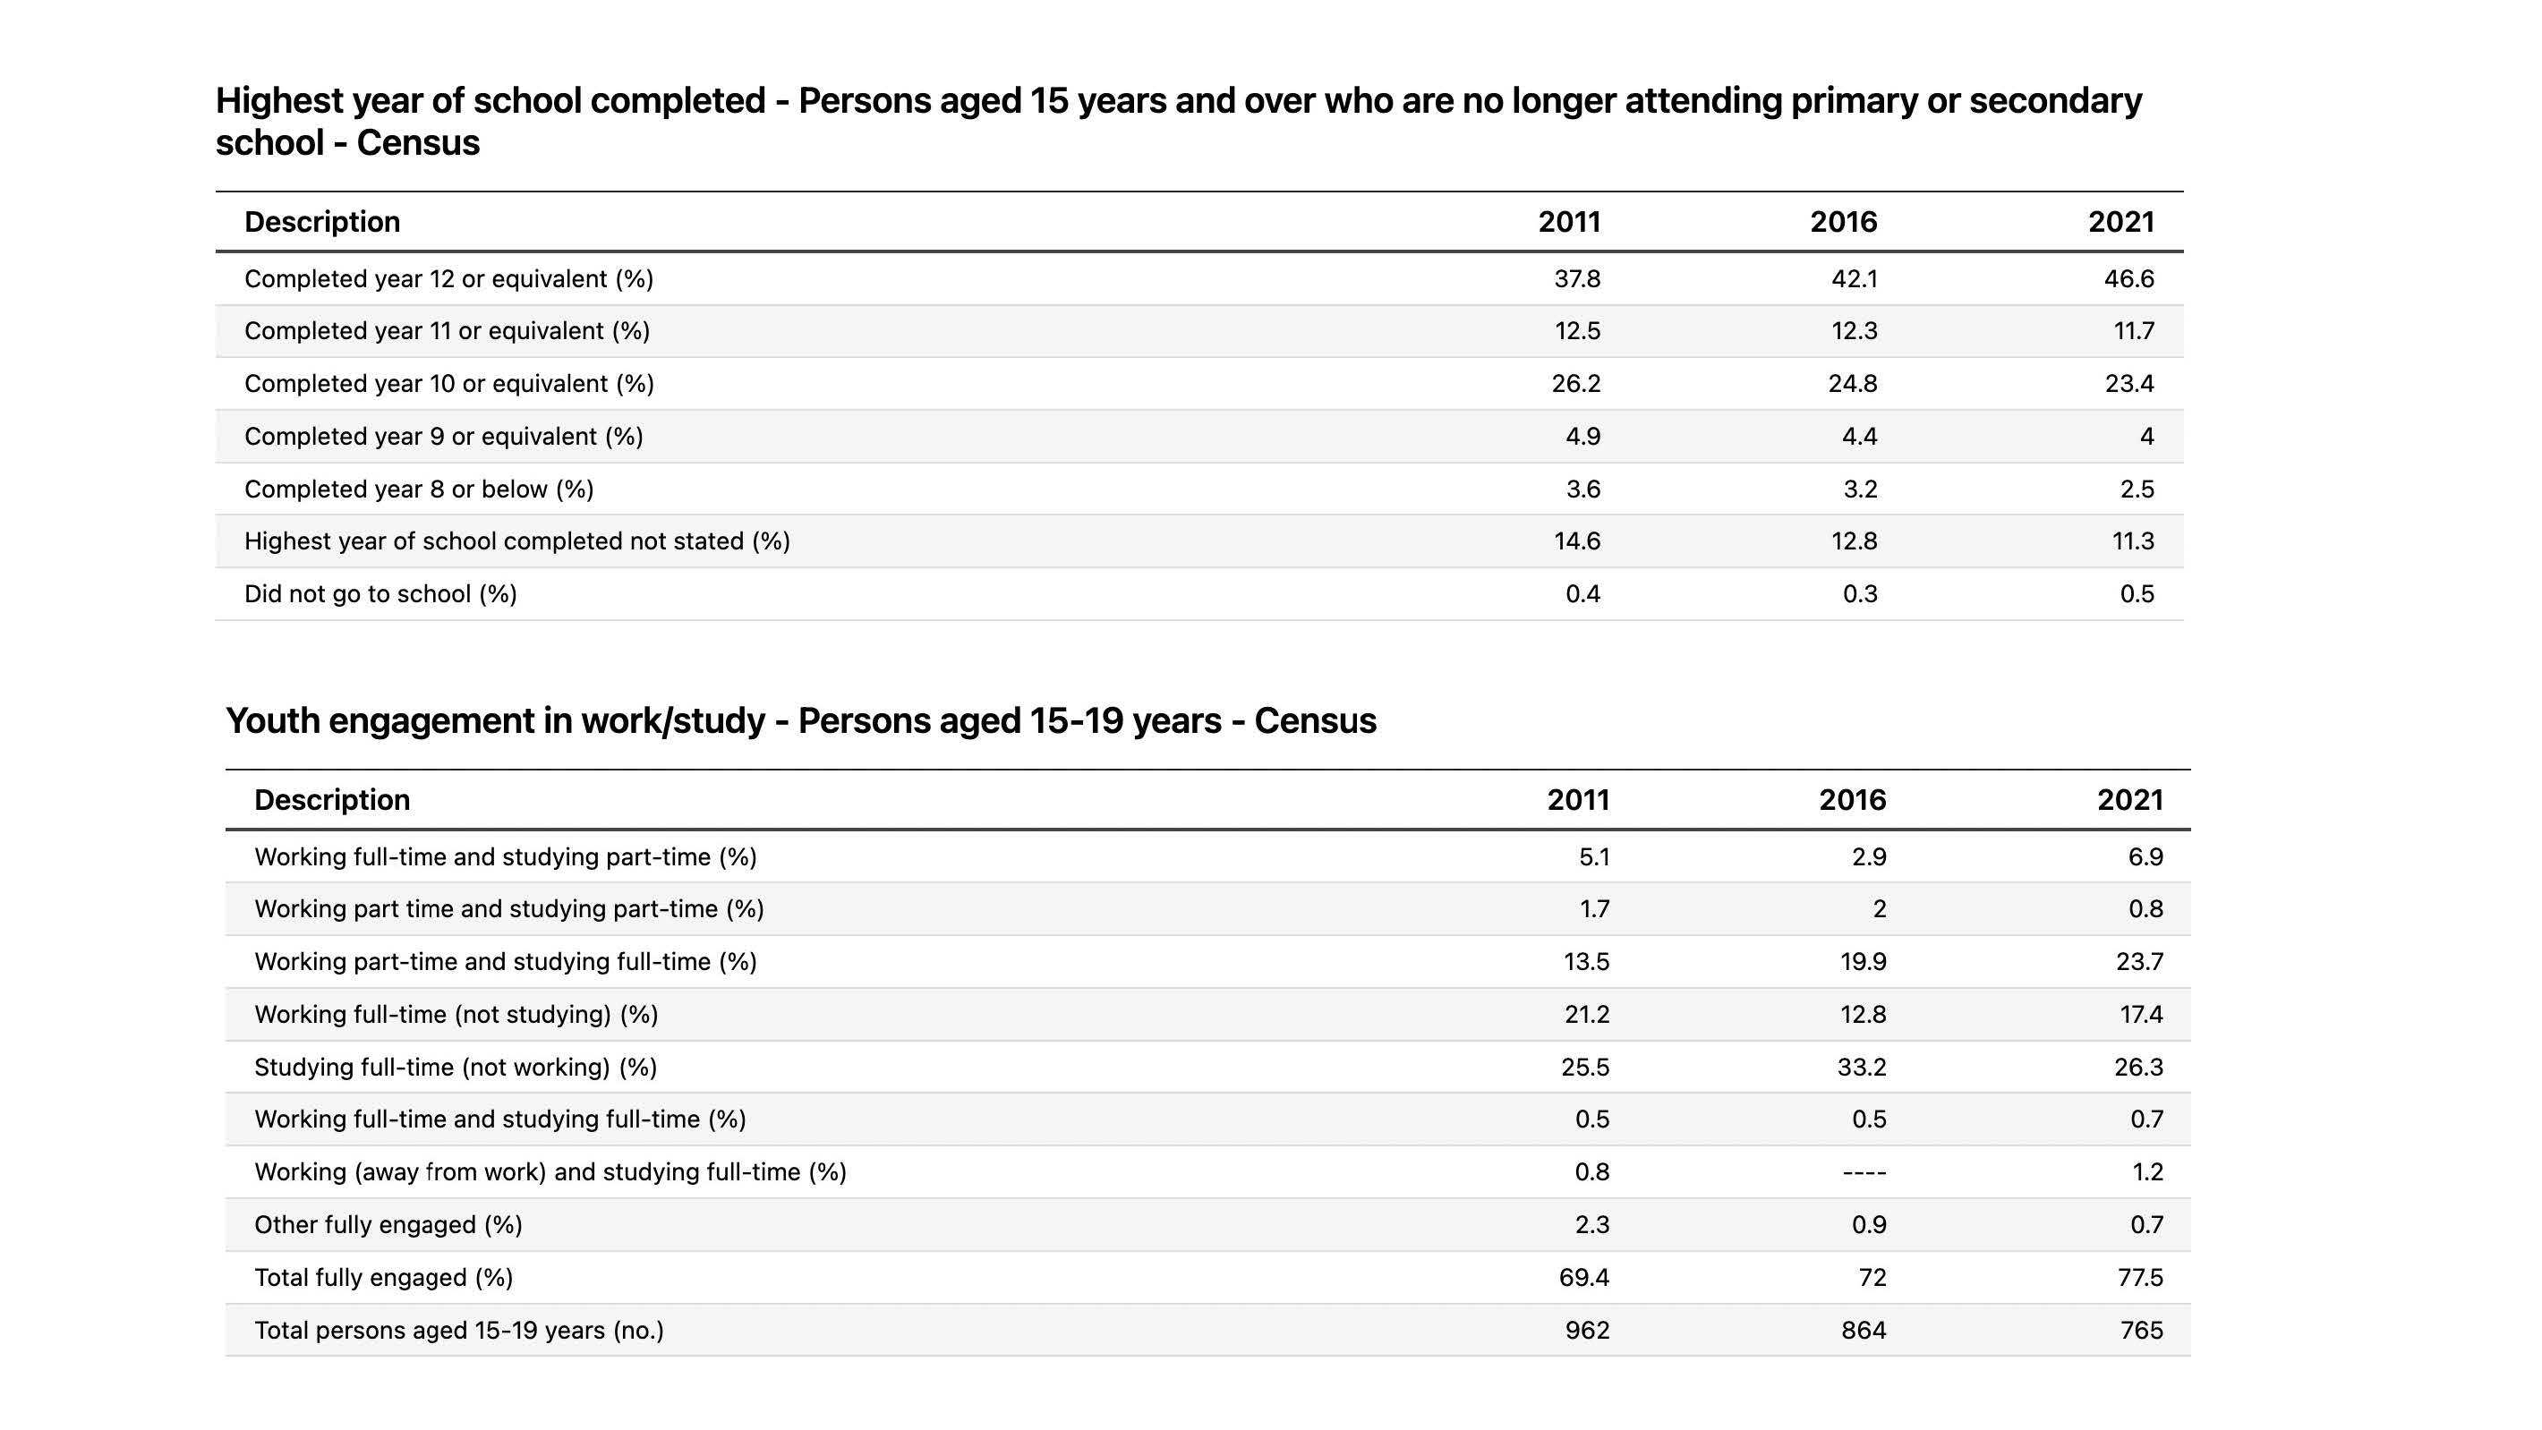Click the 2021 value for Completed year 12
[2128, 279]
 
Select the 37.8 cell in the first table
[1576, 279]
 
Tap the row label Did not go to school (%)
[380, 594]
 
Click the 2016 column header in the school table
[1842, 222]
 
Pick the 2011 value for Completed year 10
[1575, 384]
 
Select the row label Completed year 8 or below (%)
[418, 489]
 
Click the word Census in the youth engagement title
[1315, 721]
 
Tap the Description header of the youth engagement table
[331, 800]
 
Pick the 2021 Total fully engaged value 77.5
[2138, 1278]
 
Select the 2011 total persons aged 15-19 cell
[1586, 1332]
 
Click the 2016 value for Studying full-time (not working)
[1861, 1068]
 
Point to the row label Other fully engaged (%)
[388, 1226]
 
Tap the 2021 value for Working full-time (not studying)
[2140, 1015]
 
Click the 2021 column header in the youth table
[2128, 800]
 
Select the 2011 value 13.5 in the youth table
[1585, 962]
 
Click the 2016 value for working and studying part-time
[1879, 910]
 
